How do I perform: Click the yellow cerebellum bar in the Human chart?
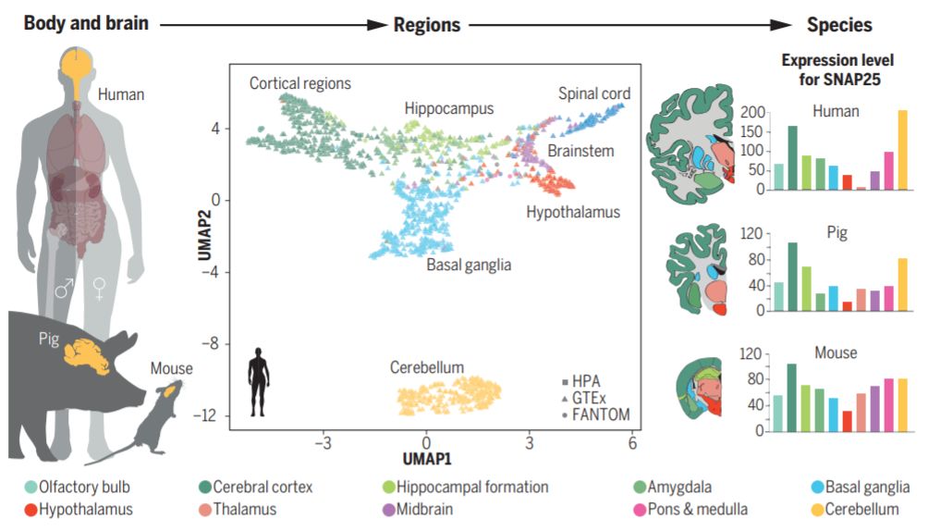902,150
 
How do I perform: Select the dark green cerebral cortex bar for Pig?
792,277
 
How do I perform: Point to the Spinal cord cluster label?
594,93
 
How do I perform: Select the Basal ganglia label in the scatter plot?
469,265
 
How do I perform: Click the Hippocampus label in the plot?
449,108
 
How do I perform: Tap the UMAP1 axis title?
426,457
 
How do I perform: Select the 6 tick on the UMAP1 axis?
632,441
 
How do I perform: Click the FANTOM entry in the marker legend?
594,414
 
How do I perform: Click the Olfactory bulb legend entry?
83,487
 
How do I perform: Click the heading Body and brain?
85,23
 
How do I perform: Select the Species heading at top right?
839,25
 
